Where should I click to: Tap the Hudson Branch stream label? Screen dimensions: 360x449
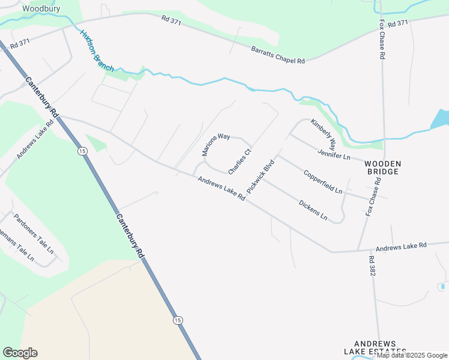point(96,50)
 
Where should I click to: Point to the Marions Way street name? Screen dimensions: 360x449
point(216,145)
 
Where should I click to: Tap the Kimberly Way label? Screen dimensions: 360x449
point(323,134)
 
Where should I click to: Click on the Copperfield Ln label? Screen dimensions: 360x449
point(323,182)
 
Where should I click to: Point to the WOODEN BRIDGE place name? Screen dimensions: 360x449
point(383,167)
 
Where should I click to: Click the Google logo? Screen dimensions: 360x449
point(20,353)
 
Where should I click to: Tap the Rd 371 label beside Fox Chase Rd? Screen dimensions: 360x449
point(398,23)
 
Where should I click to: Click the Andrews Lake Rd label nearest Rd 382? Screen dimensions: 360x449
point(400,246)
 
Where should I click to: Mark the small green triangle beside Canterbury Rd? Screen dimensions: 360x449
point(95,143)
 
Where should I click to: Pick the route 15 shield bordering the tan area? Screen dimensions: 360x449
point(178,320)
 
